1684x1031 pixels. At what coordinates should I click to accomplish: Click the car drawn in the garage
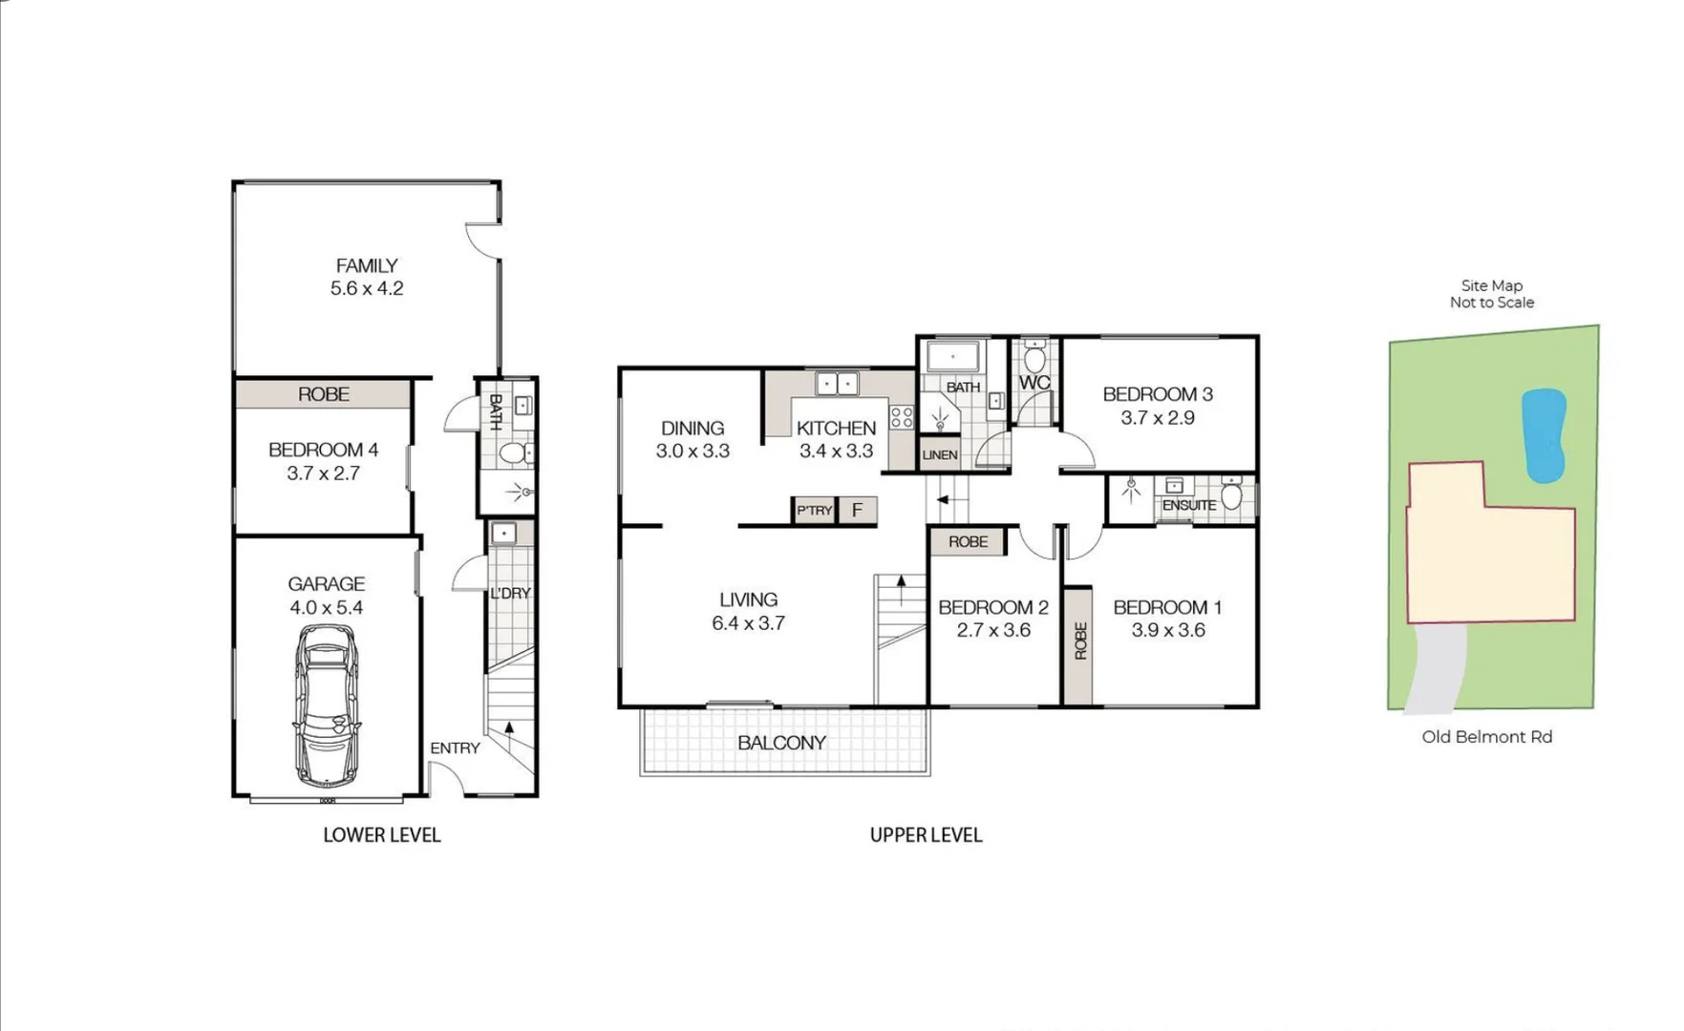tap(327, 705)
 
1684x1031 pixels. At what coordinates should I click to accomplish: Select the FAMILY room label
tap(367, 266)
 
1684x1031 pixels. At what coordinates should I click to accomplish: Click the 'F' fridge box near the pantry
tap(857, 510)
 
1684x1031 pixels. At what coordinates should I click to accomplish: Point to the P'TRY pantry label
tap(815, 511)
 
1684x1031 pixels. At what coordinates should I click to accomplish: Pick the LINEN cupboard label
tap(940, 455)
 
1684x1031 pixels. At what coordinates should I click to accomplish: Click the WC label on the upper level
tap(1034, 383)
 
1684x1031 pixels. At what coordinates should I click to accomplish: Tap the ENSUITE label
tap(1189, 505)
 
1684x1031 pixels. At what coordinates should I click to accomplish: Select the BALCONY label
tap(781, 743)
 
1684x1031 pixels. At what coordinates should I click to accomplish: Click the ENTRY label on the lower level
tap(455, 747)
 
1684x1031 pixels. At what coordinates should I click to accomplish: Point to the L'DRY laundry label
tap(510, 593)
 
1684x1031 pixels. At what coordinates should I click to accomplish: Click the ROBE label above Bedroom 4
tap(323, 394)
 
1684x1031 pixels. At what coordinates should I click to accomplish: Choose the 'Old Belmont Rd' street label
tap(1486, 737)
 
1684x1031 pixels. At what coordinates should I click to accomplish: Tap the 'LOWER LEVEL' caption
tap(382, 835)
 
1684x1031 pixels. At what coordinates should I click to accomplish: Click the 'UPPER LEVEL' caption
tap(926, 835)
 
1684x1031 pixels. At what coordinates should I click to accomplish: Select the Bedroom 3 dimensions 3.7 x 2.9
tap(1158, 417)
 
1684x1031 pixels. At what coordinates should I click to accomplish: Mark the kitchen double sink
tap(837, 384)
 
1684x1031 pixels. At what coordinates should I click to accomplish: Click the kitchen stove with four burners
tap(902, 416)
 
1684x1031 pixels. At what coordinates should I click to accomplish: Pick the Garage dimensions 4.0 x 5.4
tap(327, 607)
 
